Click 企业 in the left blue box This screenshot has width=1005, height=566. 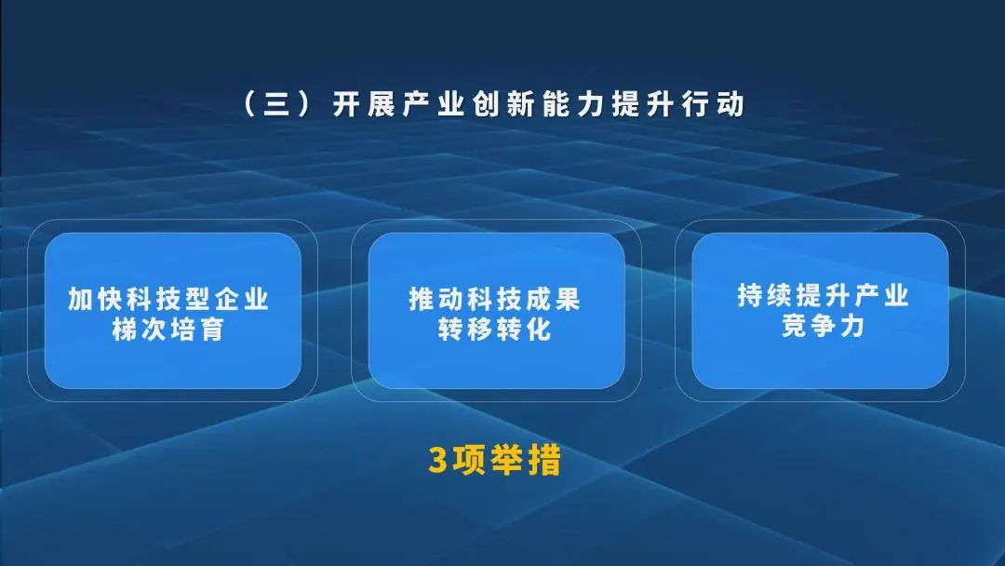coord(241,300)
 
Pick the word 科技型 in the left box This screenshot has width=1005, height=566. coord(168,300)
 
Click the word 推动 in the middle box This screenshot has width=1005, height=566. coord(436,300)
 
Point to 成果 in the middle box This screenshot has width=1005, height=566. coord(553,300)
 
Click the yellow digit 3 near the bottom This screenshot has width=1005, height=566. coord(438,461)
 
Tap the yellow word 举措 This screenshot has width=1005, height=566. coord(527,461)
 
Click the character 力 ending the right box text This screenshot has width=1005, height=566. coord(851,327)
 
